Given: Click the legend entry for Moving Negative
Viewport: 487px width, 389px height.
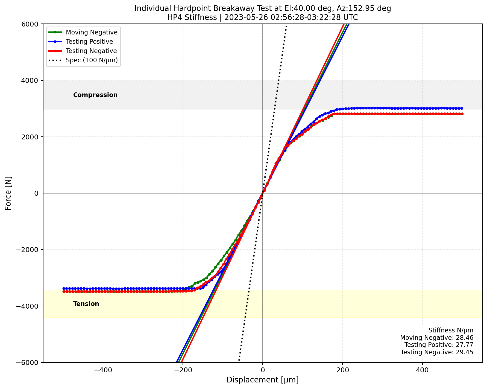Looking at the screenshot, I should click(92, 32).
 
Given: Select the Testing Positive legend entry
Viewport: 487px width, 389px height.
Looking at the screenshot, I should click(89, 42).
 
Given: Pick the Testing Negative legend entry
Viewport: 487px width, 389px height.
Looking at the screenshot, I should click(91, 51).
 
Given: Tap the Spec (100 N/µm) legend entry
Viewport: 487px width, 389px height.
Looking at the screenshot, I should click(92, 60).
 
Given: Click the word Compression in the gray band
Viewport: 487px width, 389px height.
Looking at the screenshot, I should click(95, 95).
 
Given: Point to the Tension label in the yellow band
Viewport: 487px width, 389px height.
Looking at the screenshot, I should click(86, 304).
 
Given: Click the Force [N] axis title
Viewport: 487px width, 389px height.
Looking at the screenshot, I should click(8, 193).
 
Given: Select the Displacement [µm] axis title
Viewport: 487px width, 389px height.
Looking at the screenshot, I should click(262, 380).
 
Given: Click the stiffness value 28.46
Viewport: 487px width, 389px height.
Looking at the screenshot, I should click(466, 338).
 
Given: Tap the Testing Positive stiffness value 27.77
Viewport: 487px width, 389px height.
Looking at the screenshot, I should click(466, 345).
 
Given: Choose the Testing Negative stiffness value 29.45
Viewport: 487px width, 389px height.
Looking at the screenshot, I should click(466, 352).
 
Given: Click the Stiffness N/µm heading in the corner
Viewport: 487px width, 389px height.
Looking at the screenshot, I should click(451, 330).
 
